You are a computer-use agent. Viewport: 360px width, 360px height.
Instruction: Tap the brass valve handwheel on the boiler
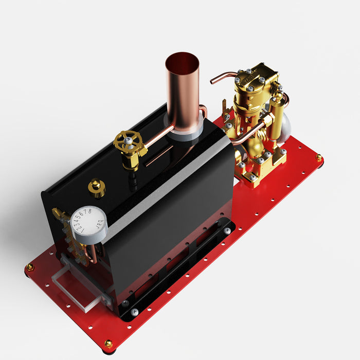coord(128,141)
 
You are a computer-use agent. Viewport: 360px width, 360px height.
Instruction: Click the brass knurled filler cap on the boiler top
coord(96,187)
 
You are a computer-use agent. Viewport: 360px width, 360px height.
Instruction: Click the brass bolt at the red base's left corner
coord(30,267)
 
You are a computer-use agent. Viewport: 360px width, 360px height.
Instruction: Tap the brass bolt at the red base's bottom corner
coord(108,343)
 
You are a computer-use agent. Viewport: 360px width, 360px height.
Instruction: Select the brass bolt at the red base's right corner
coord(319,157)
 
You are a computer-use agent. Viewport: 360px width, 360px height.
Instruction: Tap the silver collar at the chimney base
coord(184,133)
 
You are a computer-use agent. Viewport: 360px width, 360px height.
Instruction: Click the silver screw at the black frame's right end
coord(227,231)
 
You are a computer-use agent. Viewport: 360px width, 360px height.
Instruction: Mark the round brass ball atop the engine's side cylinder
coord(278,96)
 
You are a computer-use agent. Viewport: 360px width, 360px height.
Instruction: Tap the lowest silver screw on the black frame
coord(134,312)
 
